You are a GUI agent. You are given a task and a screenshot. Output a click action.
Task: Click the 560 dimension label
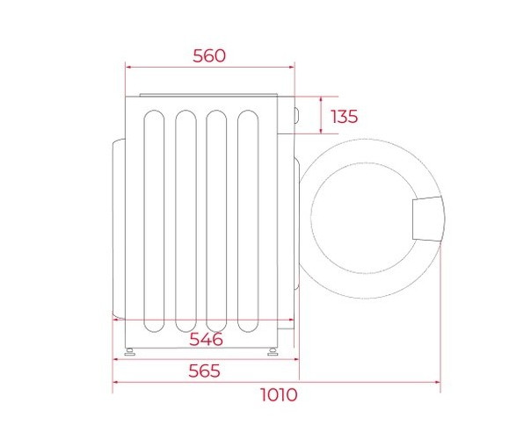click(209, 56)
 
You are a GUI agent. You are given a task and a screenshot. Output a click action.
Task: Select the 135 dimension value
click(344, 117)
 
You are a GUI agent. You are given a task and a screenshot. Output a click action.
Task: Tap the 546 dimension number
click(206, 339)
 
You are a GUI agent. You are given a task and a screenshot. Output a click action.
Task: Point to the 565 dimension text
click(204, 371)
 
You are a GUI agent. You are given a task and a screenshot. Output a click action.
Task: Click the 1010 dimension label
click(279, 394)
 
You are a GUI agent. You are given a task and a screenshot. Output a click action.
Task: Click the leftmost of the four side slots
click(154, 221)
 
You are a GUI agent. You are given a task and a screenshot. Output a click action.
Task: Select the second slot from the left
click(185, 221)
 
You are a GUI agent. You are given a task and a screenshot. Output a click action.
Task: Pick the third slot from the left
click(216, 221)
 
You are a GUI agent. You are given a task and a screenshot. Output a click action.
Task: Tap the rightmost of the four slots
click(248, 221)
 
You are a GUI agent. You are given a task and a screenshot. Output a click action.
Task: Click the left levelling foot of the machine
click(130, 352)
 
